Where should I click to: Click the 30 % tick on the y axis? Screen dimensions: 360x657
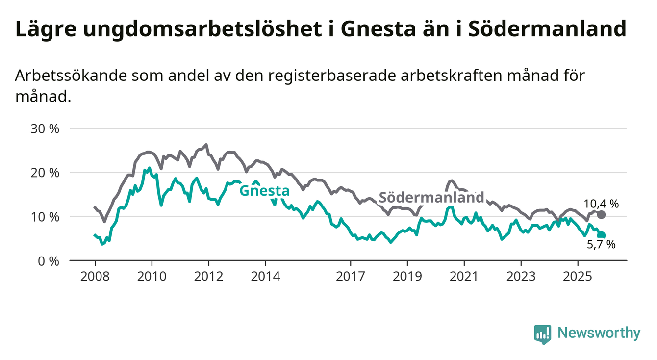[x=45, y=129]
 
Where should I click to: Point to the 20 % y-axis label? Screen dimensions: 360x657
[x=45, y=173]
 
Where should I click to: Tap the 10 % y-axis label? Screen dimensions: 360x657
[x=45, y=217]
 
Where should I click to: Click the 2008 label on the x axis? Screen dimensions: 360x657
[x=95, y=277]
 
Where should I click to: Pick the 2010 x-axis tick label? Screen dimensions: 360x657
[x=152, y=277]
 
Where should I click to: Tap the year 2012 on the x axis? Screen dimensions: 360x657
[x=208, y=277]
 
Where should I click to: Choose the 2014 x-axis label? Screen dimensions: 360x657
[x=265, y=277]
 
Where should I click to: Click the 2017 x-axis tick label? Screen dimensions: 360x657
[x=351, y=277]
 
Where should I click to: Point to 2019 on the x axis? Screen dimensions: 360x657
[x=407, y=277]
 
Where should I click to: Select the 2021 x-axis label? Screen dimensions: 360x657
[x=464, y=277]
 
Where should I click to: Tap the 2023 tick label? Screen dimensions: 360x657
[x=521, y=277]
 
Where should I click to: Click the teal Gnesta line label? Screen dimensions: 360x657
[x=264, y=190]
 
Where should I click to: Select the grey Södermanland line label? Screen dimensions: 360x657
[x=431, y=197]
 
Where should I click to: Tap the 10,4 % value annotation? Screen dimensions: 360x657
[x=601, y=204]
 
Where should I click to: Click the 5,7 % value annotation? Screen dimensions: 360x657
[x=601, y=244]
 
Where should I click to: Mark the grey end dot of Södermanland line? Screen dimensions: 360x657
[x=602, y=215]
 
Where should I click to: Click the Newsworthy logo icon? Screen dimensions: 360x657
[x=543, y=334]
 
